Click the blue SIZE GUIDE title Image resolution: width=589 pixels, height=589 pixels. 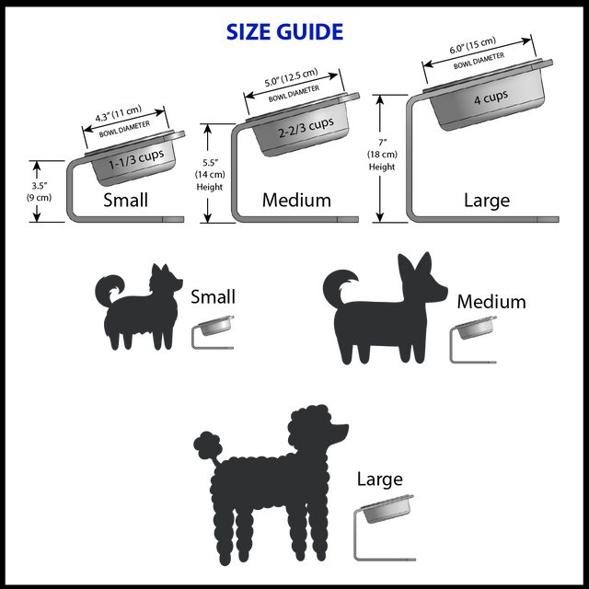[x=284, y=32]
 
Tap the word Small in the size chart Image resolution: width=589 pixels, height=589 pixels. [x=125, y=200]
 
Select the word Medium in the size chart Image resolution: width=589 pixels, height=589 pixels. [x=296, y=200]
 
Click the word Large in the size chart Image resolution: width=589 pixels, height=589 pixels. [x=487, y=200]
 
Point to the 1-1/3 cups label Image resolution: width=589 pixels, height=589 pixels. [x=136, y=158]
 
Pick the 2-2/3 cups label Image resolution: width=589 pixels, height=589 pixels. [x=306, y=126]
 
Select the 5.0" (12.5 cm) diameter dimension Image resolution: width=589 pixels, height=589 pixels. [x=291, y=76]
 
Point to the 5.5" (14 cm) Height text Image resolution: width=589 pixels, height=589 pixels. [x=210, y=162]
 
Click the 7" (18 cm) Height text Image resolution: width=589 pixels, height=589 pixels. [x=381, y=154]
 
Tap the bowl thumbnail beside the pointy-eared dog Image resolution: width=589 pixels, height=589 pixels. [x=474, y=340]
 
